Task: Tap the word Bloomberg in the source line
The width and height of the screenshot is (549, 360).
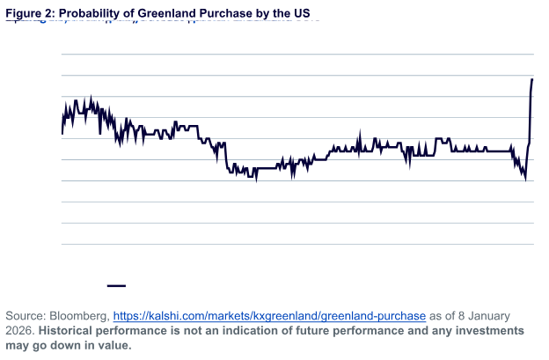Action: pyautogui.click(x=80, y=314)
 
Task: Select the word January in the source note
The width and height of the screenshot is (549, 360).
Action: pyautogui.click(x=510, y=314)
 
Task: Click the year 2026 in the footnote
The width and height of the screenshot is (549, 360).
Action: pyautogui.click(x=19, y=329)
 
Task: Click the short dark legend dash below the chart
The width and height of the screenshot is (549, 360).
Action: pyautogui.click(x=116, y=285)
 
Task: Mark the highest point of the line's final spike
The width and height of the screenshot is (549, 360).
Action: pyautogui.click(x=532, y=80)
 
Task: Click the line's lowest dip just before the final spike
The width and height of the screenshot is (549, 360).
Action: pyautogui.click(x=525, y=180)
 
